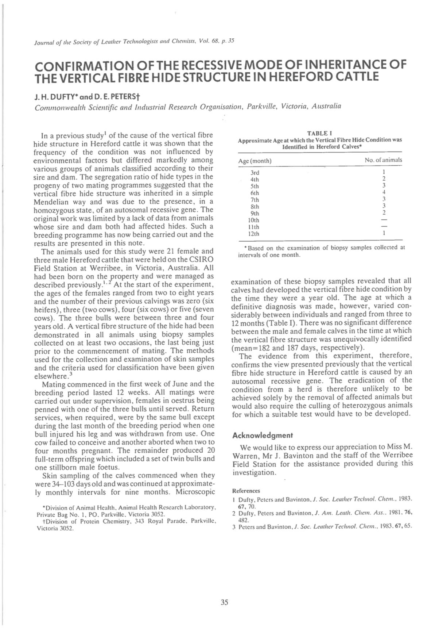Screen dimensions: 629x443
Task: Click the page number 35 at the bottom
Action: click(x=224, y=602)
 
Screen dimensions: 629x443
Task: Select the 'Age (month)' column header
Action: click(x=255, y=161)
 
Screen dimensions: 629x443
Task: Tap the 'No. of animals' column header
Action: click(x=383, y=160)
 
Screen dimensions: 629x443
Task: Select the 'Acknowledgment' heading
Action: click(x=263, y=435)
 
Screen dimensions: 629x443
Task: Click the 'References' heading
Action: click(x=246, y=491)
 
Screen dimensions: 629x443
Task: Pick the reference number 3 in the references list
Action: click(x=234, y=527)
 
